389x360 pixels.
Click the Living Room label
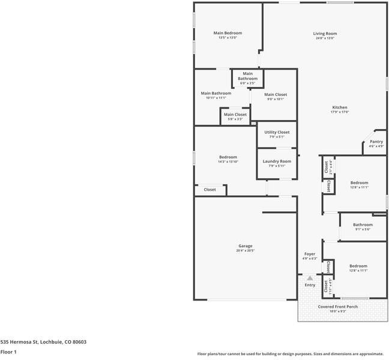point(325,34)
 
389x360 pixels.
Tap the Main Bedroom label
point(228,33)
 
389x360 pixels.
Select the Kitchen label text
point(340,107)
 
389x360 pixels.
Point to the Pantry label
point(376,142)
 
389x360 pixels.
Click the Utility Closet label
point(277,132)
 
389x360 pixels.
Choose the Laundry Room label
point(277,161)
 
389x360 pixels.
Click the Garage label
point(245,245)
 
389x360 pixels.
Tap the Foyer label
point(310,254)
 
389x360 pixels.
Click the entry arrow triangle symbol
point(310,278)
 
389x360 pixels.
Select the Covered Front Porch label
point(338,307)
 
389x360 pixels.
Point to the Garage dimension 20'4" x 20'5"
point(245,250)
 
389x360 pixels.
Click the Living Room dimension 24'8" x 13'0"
point(325,38)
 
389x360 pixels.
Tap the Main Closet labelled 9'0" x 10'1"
point(276,95)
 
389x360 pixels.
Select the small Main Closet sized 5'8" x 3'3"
point(235,115)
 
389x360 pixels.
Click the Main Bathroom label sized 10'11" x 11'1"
point(216,94)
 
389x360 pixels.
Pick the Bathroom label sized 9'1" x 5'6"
point(363,225)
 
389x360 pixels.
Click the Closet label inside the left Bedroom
point(210,190)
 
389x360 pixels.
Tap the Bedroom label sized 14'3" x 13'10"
point(228,157)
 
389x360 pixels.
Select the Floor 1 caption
point(8,352)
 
